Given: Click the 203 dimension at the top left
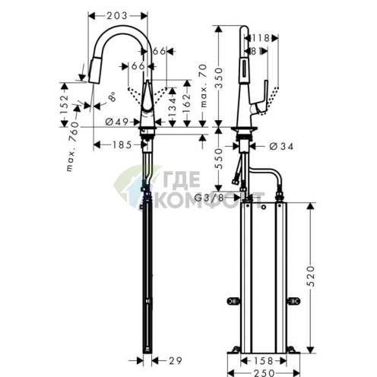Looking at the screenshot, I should tap(116, 14).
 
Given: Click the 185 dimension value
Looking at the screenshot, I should tap(115, 144).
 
